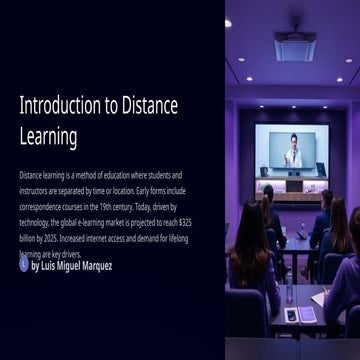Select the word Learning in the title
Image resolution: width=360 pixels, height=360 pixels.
click(x=48, y=136)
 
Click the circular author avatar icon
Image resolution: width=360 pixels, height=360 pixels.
click(x=24, y=265)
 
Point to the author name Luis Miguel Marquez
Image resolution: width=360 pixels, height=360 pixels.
click(x=72, y=266)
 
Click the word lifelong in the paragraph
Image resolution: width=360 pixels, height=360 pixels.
click(x=174, y=239)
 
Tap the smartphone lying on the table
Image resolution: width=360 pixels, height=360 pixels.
click(x=292, y=314)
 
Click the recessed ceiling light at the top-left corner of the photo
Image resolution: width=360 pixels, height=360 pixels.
click(x=229, y=22)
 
